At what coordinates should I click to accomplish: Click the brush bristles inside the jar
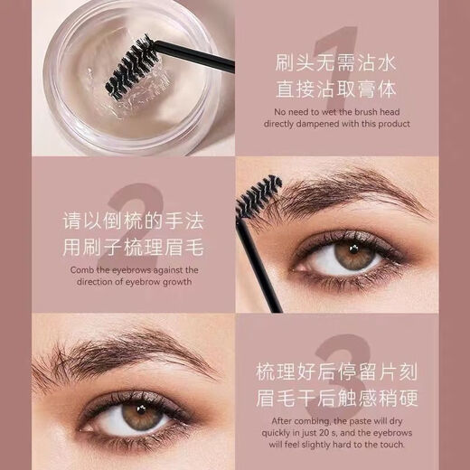click(x=131, y=68)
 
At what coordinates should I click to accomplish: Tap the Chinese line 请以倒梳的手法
click(x=133, y=221)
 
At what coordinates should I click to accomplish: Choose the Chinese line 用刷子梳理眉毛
click(x=133, y=249)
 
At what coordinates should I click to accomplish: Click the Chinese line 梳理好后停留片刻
click(x=336, y=371)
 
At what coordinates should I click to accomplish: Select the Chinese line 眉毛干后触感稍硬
click(x=336, y=399)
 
